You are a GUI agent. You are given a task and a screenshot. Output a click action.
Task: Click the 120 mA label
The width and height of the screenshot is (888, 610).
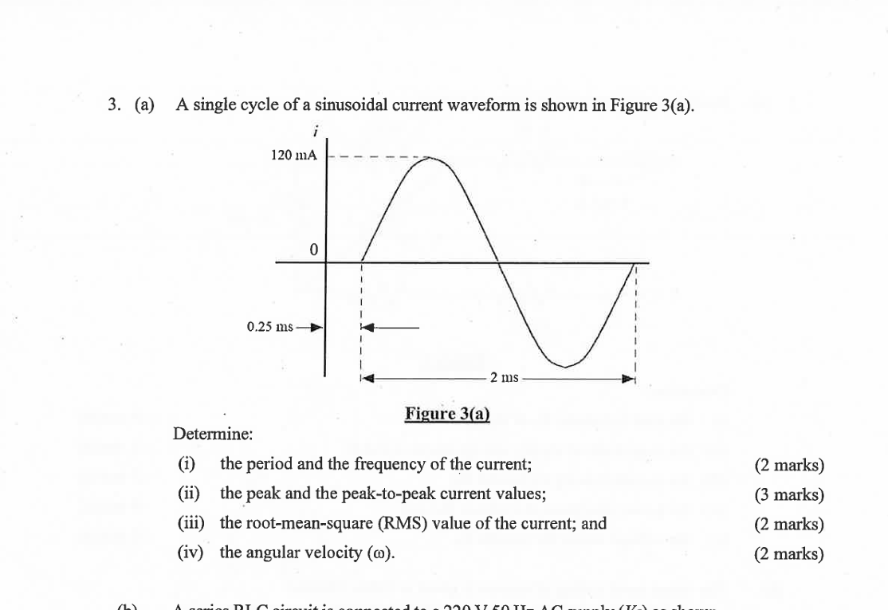294,155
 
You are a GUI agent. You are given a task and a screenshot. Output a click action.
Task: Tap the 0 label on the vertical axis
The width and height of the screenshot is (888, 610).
313,250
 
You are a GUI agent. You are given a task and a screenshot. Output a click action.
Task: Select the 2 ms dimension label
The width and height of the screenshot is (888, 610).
504,377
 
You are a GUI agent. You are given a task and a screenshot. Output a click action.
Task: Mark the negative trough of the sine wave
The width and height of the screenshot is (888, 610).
565,367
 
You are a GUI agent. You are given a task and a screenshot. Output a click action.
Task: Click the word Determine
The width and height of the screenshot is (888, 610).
213,435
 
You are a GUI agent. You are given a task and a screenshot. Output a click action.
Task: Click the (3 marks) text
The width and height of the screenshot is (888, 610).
789,494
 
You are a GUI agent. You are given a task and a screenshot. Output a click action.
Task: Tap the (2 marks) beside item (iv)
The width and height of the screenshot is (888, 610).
789,553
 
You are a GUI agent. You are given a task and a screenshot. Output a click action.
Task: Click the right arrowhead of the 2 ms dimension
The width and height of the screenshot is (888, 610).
629,378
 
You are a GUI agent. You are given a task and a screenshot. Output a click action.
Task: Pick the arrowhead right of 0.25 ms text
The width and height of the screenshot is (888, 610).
316,327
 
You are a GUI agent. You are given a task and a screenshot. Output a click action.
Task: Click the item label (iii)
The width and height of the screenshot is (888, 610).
191,523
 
